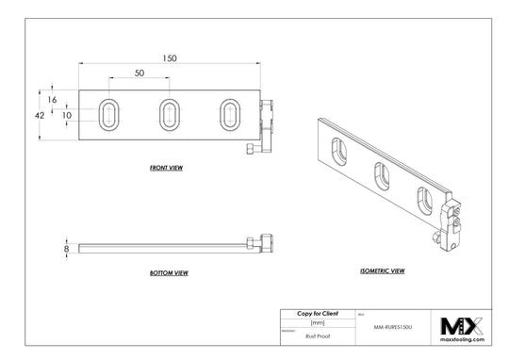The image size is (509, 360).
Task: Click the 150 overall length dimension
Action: pyautogui.click(x=169, y=57)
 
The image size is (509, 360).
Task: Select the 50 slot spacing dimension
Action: pyautogui.click(x=140, y=73)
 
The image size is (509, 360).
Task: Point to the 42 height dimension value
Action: pyautogui.click(x=40, y=114)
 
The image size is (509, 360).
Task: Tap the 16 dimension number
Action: pyautogui.click(x=53, y=99)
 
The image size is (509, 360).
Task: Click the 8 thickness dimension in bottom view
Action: pyautogui.click(x=66, y=248)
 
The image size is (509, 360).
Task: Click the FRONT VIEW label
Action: pyautogui.click(x=166, y=167)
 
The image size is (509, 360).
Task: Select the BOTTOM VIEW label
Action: pyautogui.click(x=169, y=272)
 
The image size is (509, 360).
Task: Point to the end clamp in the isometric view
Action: pyautogui.click(x=452, y=221)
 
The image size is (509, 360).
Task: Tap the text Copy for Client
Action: pyautogui.click(x=316, y=312)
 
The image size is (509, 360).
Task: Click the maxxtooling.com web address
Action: pyautogui.click(x=462, y=340)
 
